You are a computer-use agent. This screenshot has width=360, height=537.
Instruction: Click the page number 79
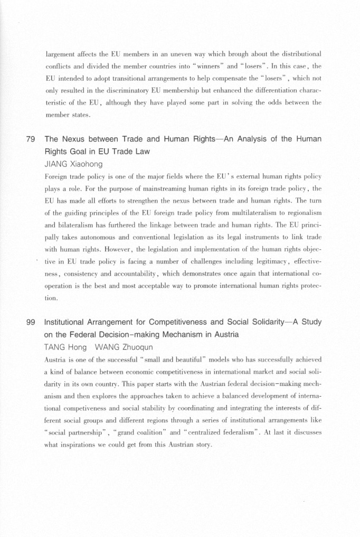[30, 139]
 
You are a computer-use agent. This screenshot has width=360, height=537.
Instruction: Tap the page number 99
[30, 322]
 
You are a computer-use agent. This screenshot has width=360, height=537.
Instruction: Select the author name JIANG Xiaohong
[74, 164]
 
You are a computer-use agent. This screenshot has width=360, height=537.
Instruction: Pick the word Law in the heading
[141, 152]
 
